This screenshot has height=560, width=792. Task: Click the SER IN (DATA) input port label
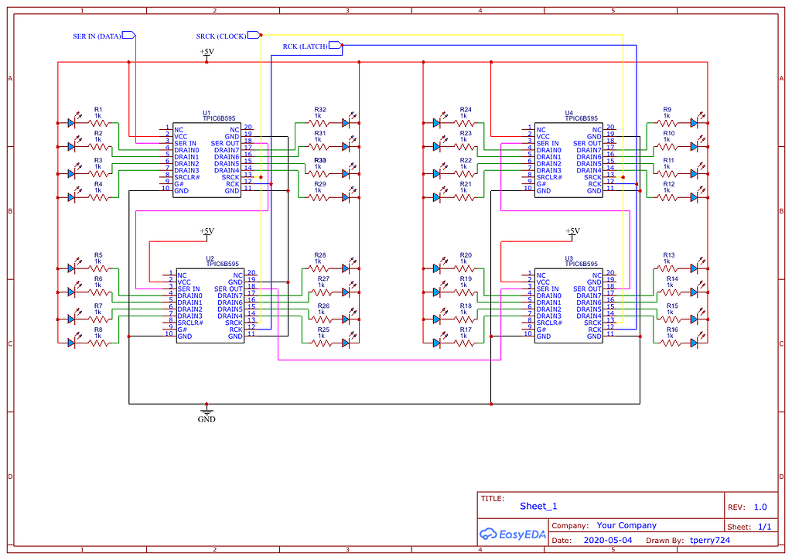coord(97,36)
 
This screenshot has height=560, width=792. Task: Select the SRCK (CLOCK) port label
coord(221,36)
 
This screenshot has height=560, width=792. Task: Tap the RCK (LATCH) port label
coord(305,47)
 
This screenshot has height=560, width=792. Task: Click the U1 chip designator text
coord(207,113)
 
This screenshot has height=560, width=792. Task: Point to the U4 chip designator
coord(569,113)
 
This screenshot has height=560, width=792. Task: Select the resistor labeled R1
coord(98,122)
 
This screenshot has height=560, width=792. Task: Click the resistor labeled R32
coord(320,122)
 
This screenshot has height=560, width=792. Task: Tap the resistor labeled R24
coord(465,122)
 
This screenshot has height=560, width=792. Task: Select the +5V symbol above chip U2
coord(207,231)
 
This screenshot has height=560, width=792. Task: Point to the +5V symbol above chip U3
coord(572,231)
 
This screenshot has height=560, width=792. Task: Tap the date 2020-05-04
coord(607,540)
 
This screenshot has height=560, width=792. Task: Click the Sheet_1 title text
coord(538,506)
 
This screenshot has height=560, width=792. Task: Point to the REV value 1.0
coord(760,507)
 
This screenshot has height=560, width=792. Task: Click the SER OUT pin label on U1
coord(225,144)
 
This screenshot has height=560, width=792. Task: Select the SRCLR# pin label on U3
coord(551,323)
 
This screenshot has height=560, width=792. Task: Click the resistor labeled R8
coord(98,341)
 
